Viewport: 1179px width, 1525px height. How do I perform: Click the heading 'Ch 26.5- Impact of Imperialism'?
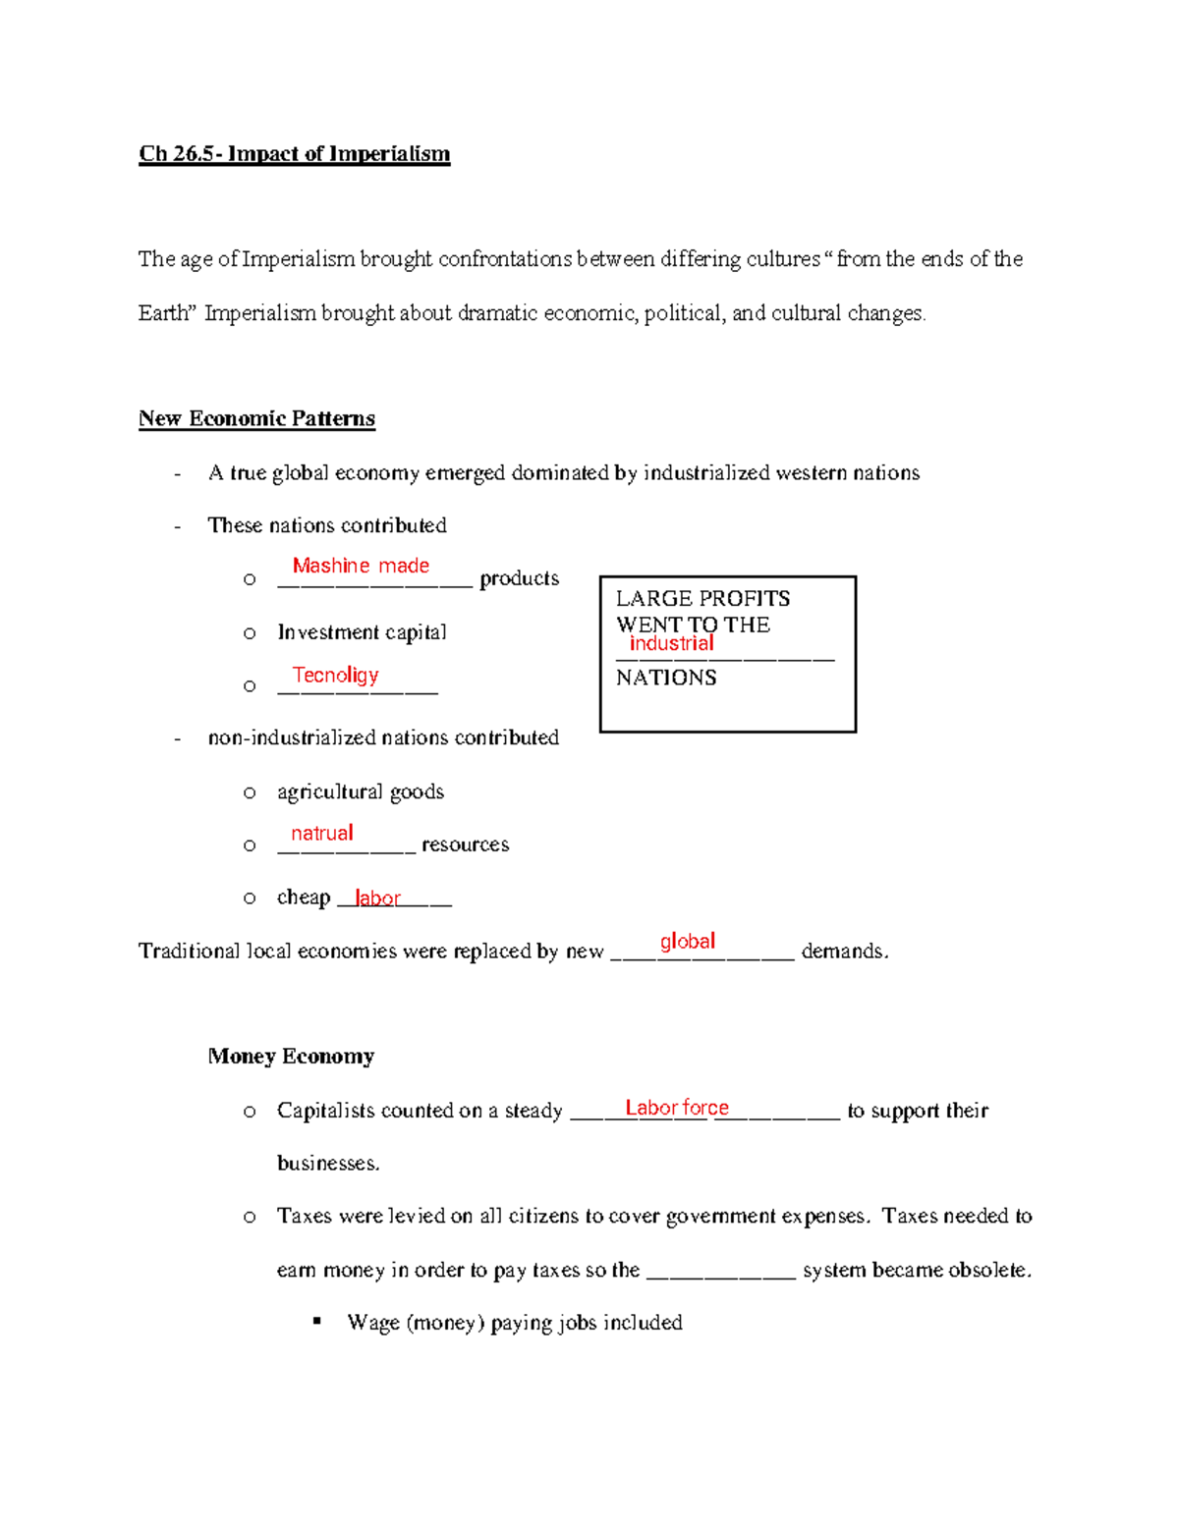tap(294, 154)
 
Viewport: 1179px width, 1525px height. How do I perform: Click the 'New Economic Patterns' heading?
tap(256, 419)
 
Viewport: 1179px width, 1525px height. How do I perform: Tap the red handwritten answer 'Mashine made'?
tap(361, 566)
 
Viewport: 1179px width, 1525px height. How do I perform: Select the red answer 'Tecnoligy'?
tap(335, 675)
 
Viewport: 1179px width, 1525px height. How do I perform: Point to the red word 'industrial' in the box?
tap(671, 644)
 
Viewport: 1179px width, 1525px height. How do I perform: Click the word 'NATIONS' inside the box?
tap(666, 678)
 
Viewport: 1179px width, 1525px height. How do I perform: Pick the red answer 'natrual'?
tap(321, 834)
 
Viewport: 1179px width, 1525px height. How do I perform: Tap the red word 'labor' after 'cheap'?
tap(377, 899)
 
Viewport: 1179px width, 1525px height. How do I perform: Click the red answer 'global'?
tap(687, 942)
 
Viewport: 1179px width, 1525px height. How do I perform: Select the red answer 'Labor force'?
tap(677, 1108)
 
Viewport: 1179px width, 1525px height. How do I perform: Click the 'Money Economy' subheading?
tap(291, 1057)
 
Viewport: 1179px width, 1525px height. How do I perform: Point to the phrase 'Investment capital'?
tap(362, 632)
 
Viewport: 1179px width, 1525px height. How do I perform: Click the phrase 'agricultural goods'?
tap(361, 791)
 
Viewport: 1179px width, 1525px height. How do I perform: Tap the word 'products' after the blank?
tap(519, 579)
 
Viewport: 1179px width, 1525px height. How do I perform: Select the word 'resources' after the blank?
tap(465, 844)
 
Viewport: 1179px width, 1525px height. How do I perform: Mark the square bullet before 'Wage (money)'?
tap(317, 1322)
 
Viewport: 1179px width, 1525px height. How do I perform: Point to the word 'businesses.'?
tap(328, 1164)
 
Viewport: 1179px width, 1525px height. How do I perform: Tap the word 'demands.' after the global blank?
tap(845, 952)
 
